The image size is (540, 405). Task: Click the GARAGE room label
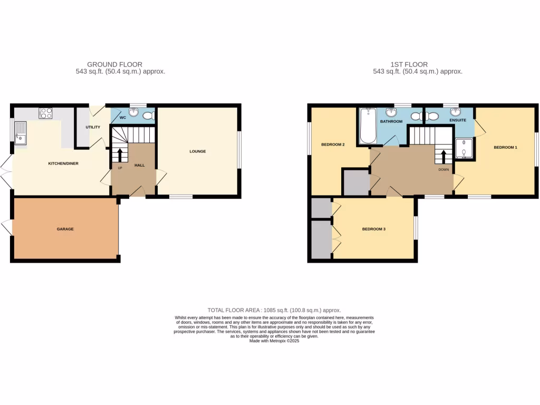tap(65, 229)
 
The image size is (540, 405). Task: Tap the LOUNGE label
tap(198, 151)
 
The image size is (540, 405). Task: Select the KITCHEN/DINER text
tap(63, 163)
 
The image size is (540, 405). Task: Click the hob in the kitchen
tap(45, 112)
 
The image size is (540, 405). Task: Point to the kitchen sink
tap(21, 132)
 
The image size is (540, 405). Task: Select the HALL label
tap(139, 166)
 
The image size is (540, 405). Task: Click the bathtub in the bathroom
tap(368, 126)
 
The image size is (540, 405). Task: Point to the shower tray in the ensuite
tap(464, 149)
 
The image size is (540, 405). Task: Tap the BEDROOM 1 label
tap(505, 147)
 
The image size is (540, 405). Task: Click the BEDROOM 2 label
tap(333, 144)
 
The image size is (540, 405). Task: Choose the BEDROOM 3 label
tap(374, 229)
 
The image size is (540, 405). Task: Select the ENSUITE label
tap(458, 121)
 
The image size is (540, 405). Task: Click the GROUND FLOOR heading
tap(114, 64)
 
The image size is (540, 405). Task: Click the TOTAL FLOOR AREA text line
tap(274, 310)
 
